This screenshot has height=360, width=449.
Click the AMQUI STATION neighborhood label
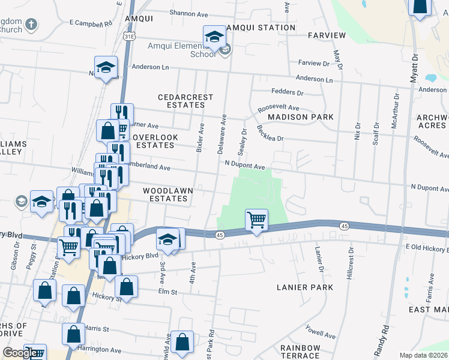260,28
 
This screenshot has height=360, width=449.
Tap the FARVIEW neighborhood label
327,35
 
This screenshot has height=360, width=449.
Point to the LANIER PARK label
304,287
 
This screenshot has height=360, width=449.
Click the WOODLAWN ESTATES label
168,194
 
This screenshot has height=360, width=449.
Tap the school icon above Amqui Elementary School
214,38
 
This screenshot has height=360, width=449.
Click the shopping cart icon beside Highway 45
256,220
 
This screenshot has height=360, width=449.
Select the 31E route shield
129,37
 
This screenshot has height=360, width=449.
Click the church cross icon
31,25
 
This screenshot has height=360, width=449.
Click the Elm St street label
167,292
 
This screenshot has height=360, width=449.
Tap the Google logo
20,353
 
